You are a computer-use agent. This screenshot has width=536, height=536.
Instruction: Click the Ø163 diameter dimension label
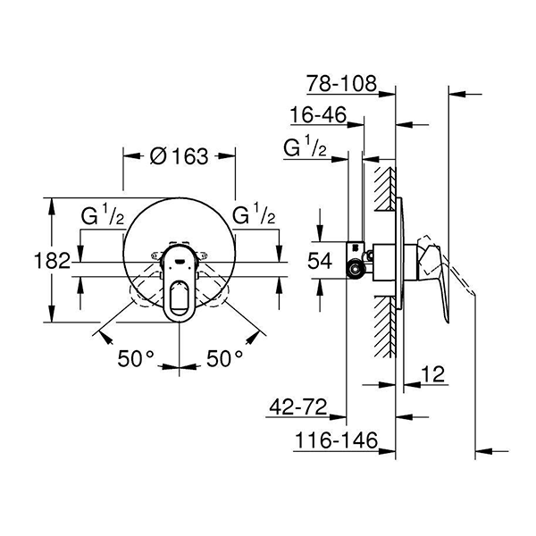click(x=180, y=155)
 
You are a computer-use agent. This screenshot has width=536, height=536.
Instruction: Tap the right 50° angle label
click(x=224, y=358)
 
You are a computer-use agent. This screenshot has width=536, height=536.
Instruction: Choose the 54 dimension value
click(x=319, y=261)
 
